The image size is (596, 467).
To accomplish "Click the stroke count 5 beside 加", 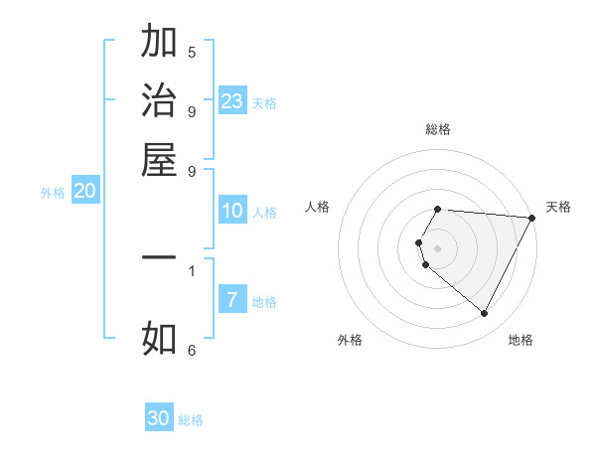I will (192, 53).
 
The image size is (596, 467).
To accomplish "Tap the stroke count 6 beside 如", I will (192, 350).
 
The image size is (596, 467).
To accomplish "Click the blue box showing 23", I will (232, 101).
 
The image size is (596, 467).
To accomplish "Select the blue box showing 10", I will (232, 211).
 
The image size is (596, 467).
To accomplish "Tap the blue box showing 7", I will (232, 300).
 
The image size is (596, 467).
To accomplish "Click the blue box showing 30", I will (159, 418).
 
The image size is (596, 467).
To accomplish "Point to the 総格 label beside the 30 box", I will (191, 420).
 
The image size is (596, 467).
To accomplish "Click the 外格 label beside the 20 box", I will (53, 194).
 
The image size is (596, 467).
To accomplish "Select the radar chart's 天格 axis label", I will (558, 207).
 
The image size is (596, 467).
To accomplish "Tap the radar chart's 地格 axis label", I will (521, 340).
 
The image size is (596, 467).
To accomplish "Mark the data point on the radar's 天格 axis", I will (531, 218).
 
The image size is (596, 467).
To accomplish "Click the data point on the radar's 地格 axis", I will (485, 313).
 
